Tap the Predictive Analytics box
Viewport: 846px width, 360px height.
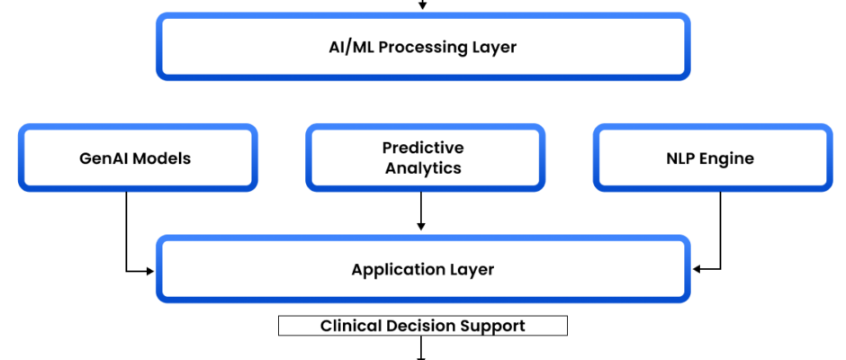click(x=422, y=157)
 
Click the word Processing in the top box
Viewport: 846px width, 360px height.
click(x=419, y=48)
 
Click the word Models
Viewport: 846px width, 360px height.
click(x=162, y=159)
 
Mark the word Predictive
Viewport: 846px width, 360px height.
click(x=422, y=148)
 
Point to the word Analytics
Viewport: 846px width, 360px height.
click(x=422, y=167)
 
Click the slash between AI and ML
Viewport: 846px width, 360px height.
click(x=347, y=47)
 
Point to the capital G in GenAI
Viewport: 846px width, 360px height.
click(x=84, y=159)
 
